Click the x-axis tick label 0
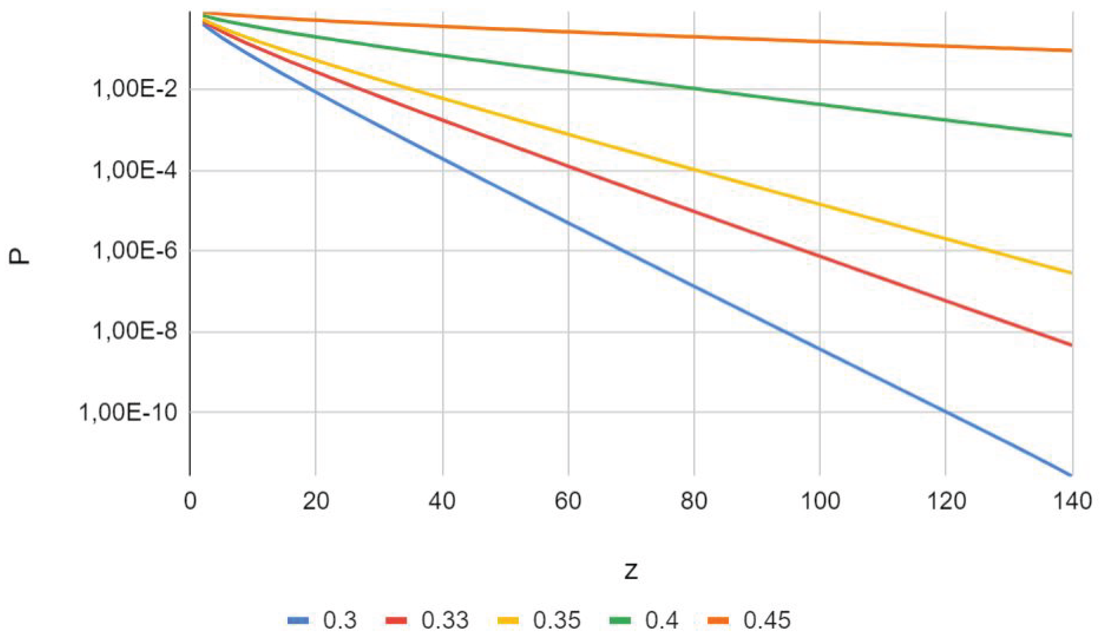point(190,501)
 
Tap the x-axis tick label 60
point(568,501)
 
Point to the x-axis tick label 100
point(820,501)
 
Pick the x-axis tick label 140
point(1072,501)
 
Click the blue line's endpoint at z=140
point(1071,475)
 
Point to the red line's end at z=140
point(1071,345)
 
